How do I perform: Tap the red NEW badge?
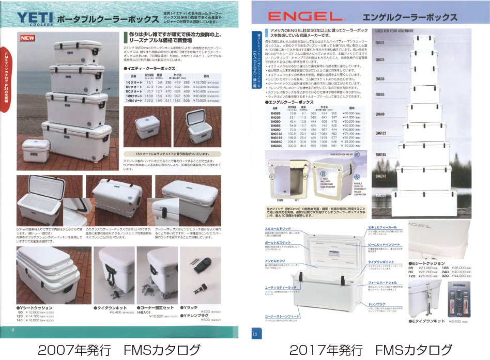point(27,39)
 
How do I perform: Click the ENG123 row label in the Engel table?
point(276,133)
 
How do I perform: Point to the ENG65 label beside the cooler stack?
point(380,95)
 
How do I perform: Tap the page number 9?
point(12,327)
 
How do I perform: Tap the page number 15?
point(255,334)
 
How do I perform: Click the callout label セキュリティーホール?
point(382,227)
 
